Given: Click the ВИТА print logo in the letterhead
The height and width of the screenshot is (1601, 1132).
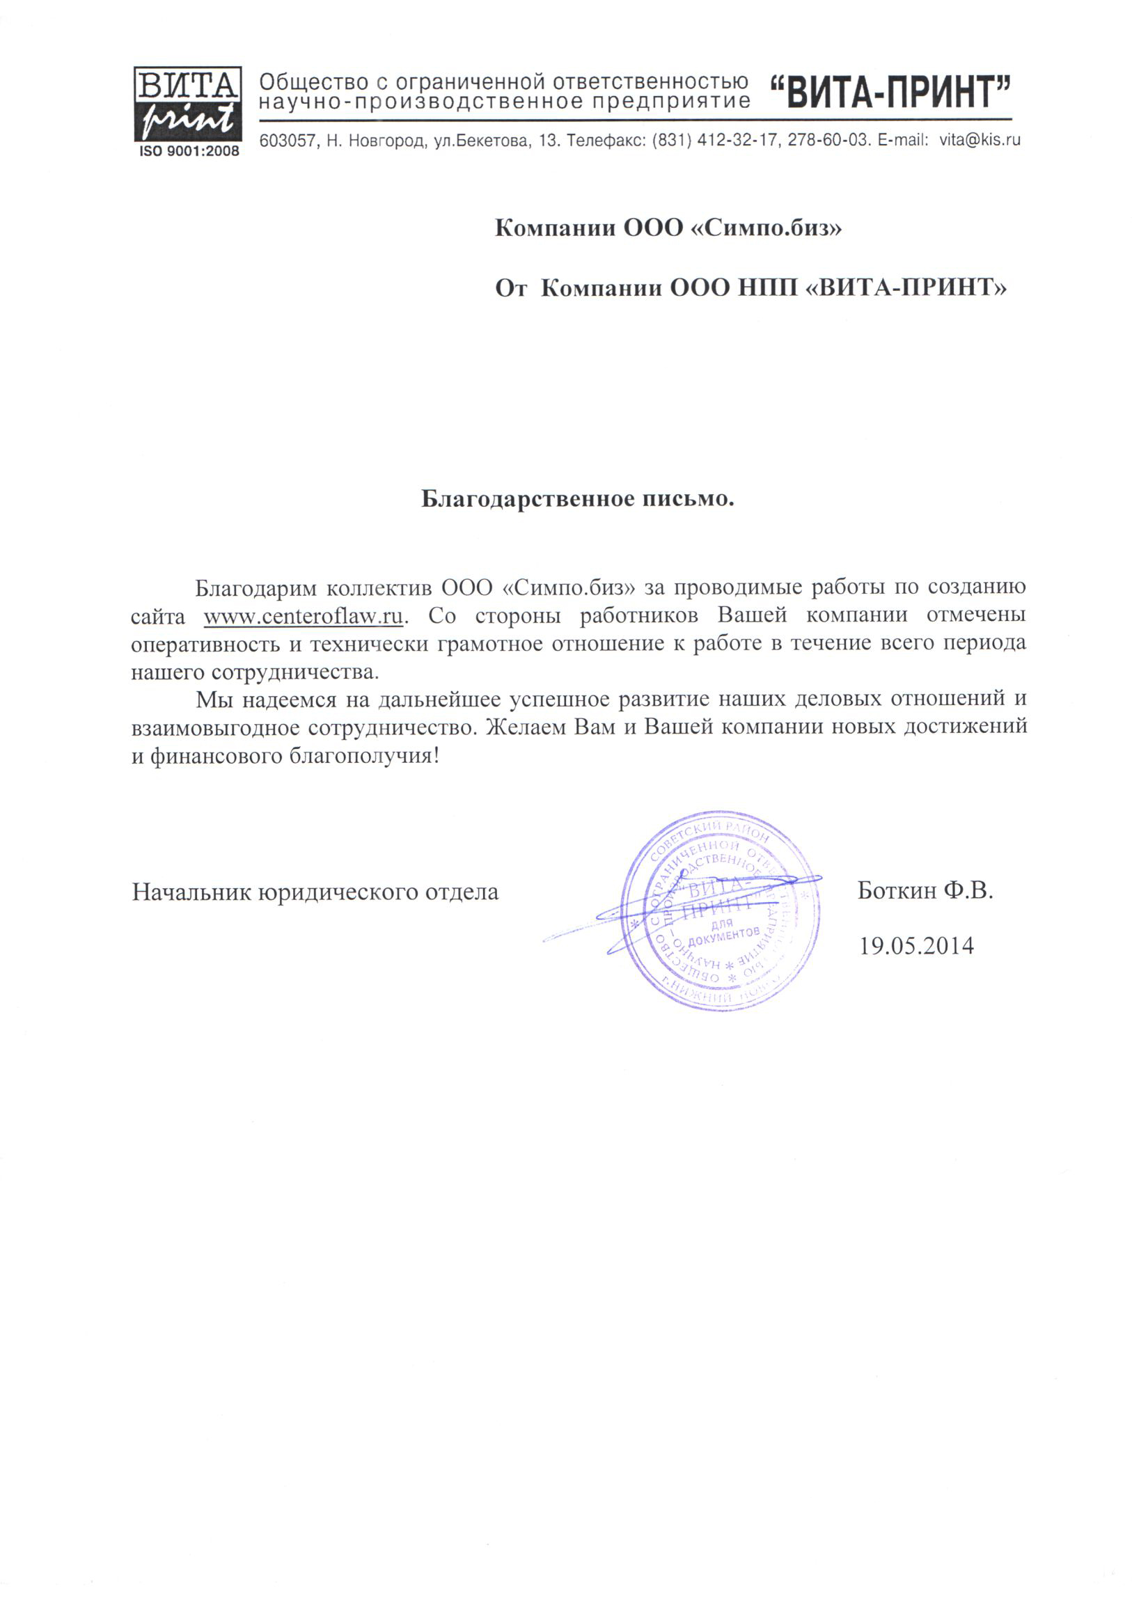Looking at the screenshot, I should pos(187,104).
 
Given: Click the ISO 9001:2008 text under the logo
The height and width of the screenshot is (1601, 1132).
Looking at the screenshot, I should pos(189,151).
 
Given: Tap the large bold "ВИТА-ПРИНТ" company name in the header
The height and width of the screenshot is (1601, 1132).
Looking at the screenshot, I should pos(890,93).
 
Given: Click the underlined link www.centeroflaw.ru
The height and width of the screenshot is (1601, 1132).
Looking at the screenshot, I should pos(304,617).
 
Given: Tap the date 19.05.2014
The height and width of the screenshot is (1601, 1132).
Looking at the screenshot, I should pos(916,945).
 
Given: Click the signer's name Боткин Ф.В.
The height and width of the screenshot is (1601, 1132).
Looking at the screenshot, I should pos(925,890).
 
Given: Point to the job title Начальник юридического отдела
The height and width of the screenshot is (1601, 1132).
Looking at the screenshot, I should pos(315,892).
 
